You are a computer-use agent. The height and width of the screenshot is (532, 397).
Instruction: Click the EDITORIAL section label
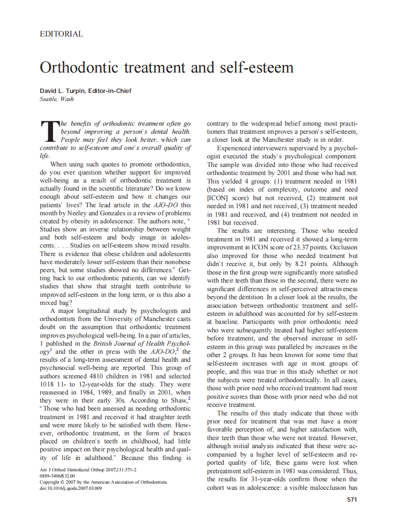pos(61,34)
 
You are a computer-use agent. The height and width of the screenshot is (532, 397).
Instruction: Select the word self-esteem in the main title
pos(255,67)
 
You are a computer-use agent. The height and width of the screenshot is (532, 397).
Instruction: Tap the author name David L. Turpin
pos(63,91)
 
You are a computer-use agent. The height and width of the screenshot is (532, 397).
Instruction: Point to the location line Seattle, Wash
pos(56,99)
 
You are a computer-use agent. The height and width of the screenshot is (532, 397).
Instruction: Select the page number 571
pos(352,499)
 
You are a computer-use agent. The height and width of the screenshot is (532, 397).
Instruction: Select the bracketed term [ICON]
pos(218,198)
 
